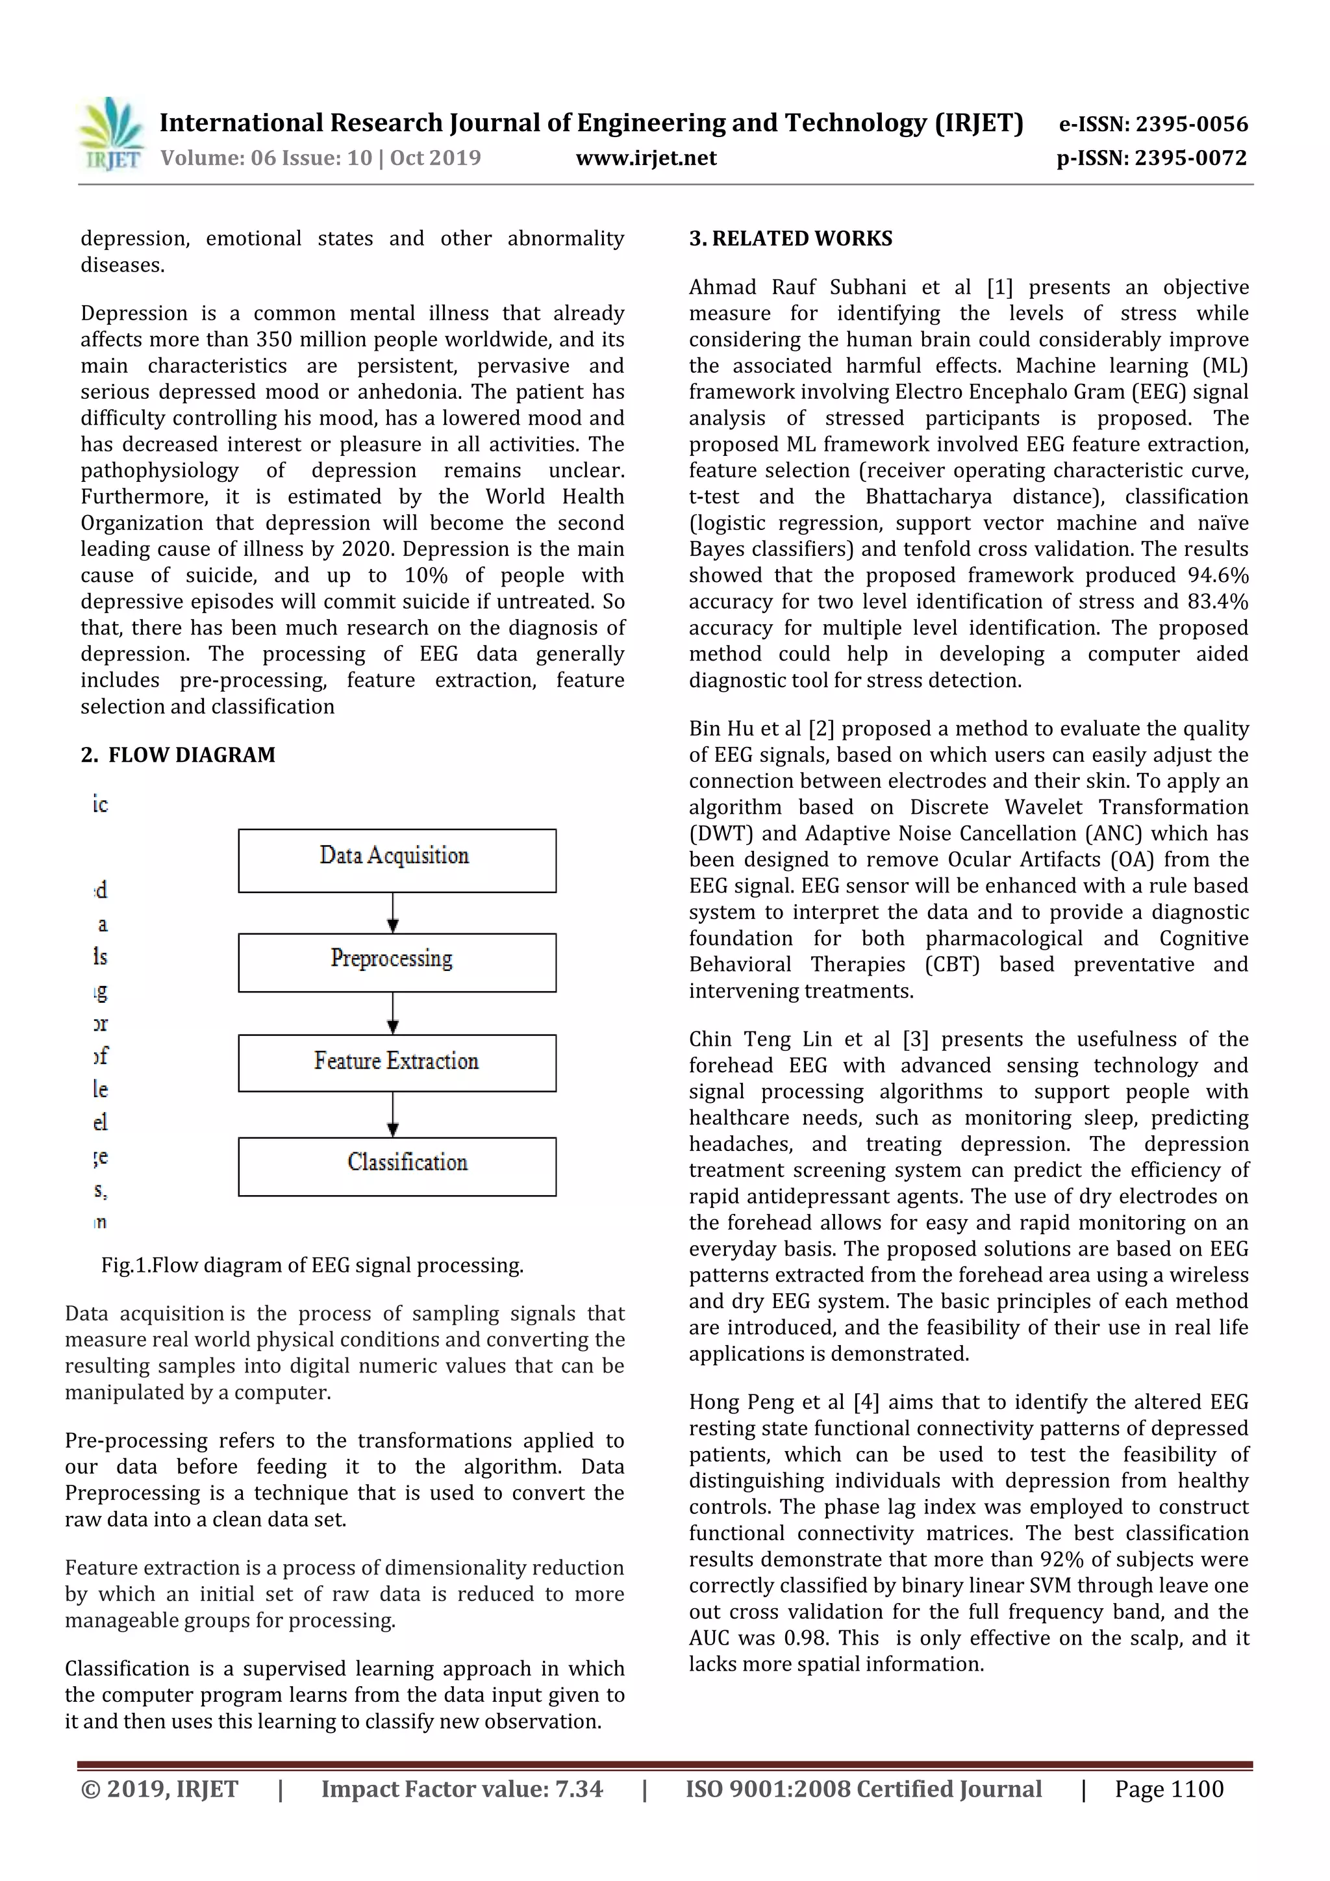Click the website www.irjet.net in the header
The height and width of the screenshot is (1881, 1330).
tap(646, 158)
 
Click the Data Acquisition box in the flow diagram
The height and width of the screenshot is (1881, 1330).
tap(397, 860)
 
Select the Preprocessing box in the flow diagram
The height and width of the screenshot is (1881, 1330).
tap(397, 962)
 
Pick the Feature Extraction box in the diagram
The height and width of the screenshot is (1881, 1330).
tap(397, 1063)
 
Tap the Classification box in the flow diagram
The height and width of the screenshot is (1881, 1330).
tap(397, 1166)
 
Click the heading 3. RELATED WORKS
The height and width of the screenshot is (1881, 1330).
tap(790, 238)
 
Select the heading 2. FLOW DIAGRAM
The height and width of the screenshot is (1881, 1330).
tap(178, 755)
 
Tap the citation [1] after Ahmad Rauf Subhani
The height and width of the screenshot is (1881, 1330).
tap(999, 288)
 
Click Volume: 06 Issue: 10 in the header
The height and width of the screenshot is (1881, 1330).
tap(266, 158)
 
